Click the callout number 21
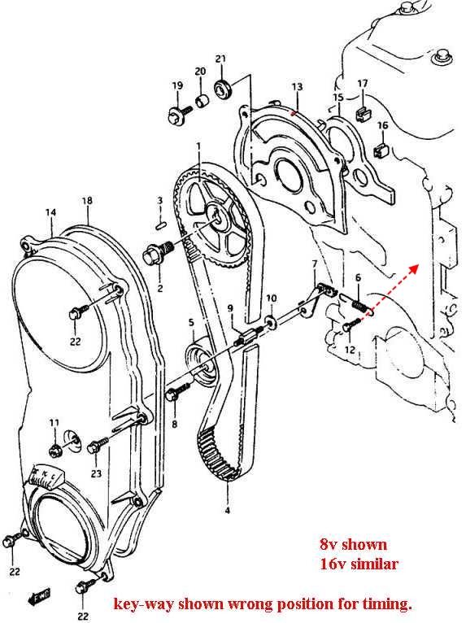(220, 59)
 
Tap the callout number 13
(297, 86)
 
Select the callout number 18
(87, 200)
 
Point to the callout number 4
(227, 511)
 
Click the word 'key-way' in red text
(143, 604)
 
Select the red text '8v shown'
(353, 543)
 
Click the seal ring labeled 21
(224, 89)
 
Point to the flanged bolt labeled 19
(178, 114)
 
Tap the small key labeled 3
(160, 224)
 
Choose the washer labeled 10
(272, 320)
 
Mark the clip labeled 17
(363, 113)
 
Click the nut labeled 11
(55, 451)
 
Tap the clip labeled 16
(381, 150)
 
